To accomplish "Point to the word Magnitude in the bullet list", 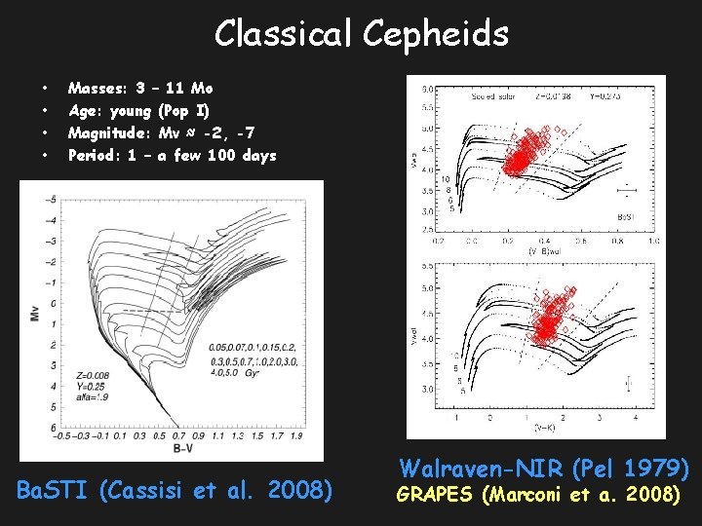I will click(107, 132).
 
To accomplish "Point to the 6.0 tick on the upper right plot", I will click(426, 90).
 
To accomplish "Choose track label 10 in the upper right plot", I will click(445, 179).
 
